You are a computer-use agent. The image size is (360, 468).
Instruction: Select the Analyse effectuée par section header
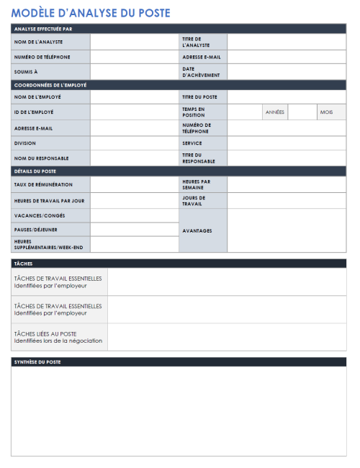(x=42, y=29)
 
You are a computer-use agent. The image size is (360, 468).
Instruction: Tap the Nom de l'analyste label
(x=39, y=42)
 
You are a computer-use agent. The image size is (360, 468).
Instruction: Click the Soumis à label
(x=26, y=72)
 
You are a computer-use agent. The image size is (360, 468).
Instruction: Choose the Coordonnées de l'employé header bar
(x=50, y=85)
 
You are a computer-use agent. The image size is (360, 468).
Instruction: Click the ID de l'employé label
(x=34, y=112)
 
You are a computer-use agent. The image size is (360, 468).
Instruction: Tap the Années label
(x=274, y=112)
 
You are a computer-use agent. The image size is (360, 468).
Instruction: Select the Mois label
(x=326, y=112)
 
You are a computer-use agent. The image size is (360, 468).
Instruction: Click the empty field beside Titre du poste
(x=287, y=96)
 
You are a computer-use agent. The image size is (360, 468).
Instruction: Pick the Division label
(x=25, y=143)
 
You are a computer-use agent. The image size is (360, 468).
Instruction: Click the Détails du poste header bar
(x=35, y=171)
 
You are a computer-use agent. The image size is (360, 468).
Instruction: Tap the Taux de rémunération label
(x=44, y=185)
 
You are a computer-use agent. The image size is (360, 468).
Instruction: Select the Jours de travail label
(x=194, y=200)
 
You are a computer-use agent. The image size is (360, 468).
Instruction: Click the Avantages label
(x=197, y=231)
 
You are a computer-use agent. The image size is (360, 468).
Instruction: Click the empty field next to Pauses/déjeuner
(x=135, y=230)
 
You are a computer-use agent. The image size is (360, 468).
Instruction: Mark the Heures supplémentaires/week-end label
(x=49, y=245)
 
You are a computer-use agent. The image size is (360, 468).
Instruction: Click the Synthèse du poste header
(x=37, y=361)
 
